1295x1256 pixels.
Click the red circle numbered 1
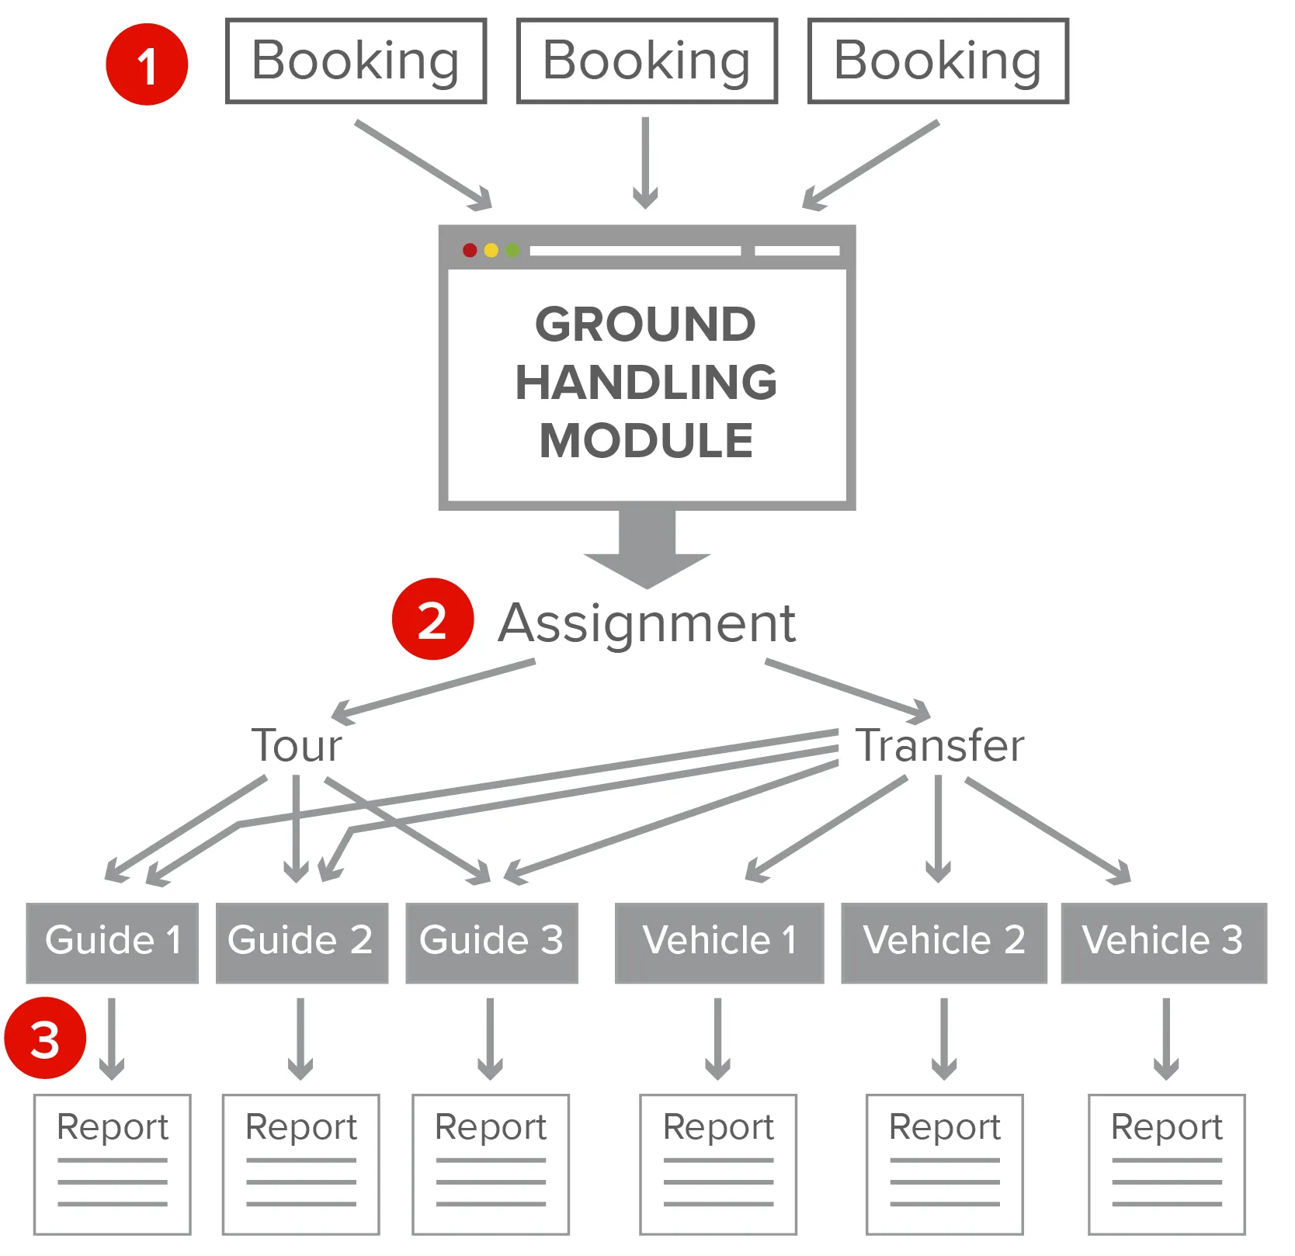(147, 64)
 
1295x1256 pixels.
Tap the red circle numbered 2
(432, 619)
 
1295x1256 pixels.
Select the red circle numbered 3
(45, 1039)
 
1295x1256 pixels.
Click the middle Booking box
(647, 61)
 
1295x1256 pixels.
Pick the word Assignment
(647, 623)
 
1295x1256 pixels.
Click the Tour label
(297, 746)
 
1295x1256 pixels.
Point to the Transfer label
(939, 746)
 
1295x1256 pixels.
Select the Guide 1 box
(113, 942)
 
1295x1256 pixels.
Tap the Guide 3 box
(491, 942)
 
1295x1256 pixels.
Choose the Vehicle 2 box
(944, 942)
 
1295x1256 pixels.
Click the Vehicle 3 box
(1163, 942)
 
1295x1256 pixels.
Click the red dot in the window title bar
(470, 250)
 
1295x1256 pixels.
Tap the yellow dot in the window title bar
(491, 250)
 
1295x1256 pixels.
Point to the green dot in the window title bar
(512, 250)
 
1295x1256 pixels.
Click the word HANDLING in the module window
(647, 383)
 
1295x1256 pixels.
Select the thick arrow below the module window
(647, 547)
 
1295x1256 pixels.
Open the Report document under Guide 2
(301, 1163)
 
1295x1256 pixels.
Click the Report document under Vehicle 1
(718, 1163)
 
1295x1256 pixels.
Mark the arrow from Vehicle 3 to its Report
(1165, 1039)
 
